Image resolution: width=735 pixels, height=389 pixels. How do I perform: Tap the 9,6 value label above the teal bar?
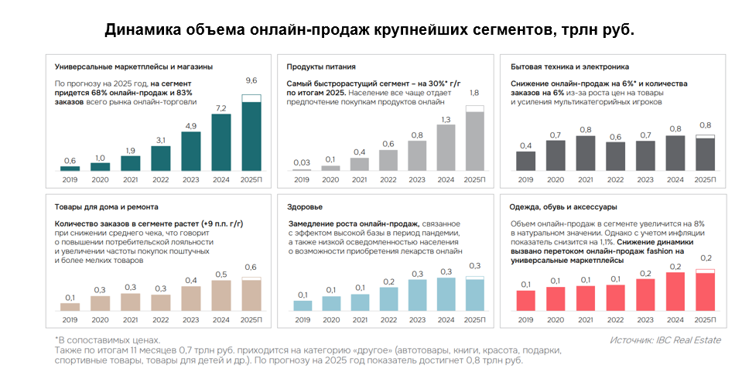click(x=251, y=80)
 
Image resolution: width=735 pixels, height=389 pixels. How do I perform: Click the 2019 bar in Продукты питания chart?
click(x=301, y=169)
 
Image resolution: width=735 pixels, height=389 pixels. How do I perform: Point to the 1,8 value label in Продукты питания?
click(x=474, y=93)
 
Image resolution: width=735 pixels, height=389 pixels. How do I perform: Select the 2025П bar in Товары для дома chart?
click(x=251, y=295)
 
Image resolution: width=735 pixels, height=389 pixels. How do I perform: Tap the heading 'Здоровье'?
click(x=304, y=207)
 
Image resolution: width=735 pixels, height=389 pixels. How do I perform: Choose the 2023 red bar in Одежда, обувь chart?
click(x=646, y=295)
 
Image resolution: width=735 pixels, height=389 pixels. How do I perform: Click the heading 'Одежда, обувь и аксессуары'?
click(x=562, y=207)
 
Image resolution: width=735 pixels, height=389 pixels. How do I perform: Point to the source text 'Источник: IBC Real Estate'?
click(x=665, y=340)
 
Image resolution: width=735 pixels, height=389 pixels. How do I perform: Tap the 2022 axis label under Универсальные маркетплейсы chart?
click(x=160, y=179)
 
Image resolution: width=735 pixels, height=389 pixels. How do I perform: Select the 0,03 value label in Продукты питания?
click(x=301, y=162)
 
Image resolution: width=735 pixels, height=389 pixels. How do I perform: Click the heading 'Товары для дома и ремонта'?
click(x=107, y=207)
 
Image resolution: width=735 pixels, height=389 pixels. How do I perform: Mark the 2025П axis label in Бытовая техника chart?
click(x=705, y=179)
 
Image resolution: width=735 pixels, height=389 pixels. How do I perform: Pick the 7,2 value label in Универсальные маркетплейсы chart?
click(x=220, y=108)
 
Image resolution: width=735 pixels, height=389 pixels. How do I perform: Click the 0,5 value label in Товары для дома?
click(x=220, y=274)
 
